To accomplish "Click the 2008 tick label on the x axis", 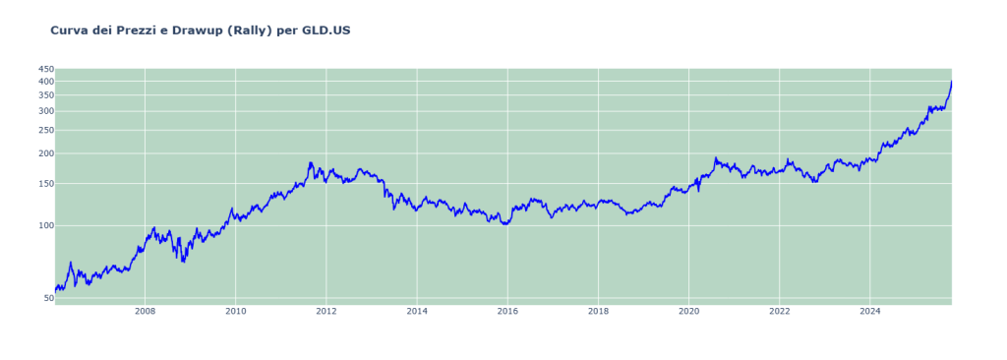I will (145, 312).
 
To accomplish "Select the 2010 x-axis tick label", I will (235, 312).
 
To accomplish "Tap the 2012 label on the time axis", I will (326, 312).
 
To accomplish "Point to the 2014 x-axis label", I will (417, 312).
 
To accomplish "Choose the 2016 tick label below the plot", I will (507, 312).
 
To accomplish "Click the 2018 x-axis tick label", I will (598, 312).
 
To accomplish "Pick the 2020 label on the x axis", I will (688, 312).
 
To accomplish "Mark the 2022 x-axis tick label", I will (779, 312).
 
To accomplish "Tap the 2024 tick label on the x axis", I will (869, 312).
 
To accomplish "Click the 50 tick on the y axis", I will (47, 298).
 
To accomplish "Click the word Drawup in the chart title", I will (197, 30).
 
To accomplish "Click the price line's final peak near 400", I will (951, 83).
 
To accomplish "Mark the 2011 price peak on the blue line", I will (311, 163).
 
